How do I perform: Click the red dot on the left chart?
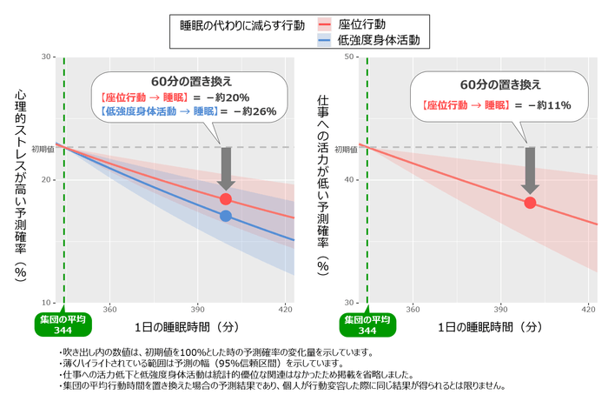point(226,199)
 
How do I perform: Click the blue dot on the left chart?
point(226,216)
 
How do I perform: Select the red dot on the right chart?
point(530,202)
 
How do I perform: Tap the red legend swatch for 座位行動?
point(325,23)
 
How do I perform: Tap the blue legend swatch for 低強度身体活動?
point(325,40)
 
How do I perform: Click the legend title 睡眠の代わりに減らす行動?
point(241,24)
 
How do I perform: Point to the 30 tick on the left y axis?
point(46,57)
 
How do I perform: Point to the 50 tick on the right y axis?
point(351,57)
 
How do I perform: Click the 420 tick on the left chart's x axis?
point(284,309)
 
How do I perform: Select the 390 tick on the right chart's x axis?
point(500,309)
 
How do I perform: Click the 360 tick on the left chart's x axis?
point(110,309)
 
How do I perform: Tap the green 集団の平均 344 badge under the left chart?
point(64,324)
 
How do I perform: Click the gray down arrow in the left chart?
point(226,167)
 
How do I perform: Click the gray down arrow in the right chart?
point(530,169)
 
